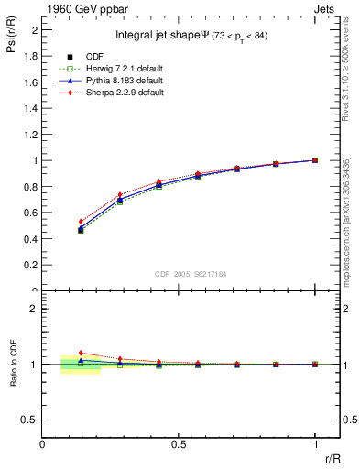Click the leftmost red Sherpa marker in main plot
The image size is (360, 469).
pyautogui.click(x=81, y=222)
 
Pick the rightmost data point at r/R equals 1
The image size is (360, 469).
pyautogui.click(x=315, y=160)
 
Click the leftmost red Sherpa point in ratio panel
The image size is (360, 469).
pyautogui.click(x=81, y=353)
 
